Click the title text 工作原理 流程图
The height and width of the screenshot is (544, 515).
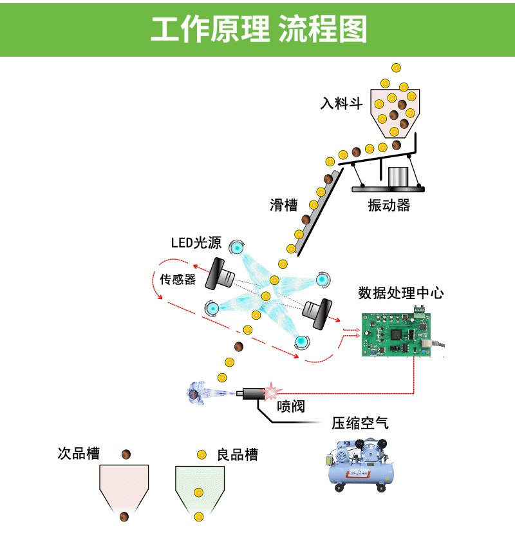click(257, 30)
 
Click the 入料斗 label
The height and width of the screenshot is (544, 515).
click(342, 103)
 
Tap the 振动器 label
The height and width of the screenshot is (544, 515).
click(389, 206)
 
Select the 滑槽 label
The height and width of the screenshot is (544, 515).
click(283, 205)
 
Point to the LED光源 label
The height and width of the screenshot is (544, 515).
click(196, 243)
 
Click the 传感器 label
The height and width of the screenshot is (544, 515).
click(178, 280)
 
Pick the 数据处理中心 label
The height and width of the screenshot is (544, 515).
click(400, 293)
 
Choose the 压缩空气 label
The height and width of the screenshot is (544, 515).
click(360, 423)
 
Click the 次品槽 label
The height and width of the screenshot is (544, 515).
click(79, 454)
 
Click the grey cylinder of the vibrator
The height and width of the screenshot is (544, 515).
click(398, 177)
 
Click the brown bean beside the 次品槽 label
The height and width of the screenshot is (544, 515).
click(127, 454)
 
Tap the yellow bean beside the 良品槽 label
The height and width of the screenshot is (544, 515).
click(201, 454)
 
